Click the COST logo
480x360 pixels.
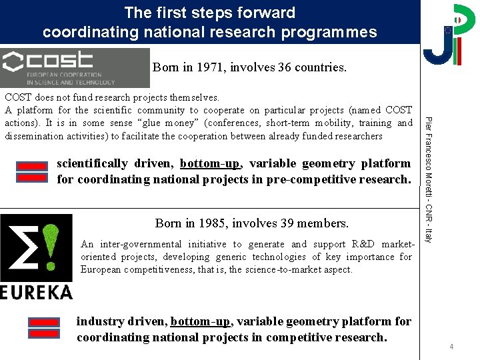coord(75,67)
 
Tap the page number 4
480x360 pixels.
coord(451,347)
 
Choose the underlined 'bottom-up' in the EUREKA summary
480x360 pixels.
coord(201,321)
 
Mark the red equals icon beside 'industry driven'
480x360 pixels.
coord(44,329)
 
